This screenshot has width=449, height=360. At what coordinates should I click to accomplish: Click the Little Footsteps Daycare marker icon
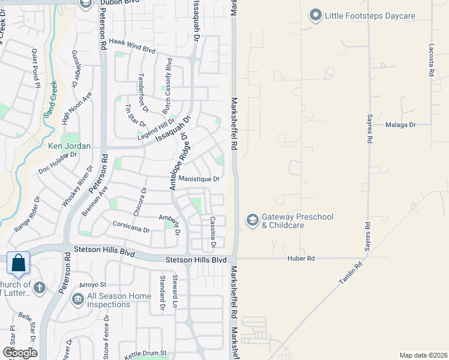click(316, 16)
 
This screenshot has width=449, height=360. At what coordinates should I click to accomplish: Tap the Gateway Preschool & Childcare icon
click(253, 221)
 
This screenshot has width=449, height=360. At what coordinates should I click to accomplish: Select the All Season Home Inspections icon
click(77, 298)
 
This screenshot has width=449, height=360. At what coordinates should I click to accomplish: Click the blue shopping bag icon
click(19, 263)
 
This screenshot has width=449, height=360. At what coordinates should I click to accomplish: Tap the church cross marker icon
click(39, 287)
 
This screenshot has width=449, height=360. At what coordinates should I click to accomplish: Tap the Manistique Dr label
click(199, 179)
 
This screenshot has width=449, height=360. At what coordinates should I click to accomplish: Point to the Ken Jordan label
click(69, 146)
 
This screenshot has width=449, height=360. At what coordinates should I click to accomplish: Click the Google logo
click(20, 353)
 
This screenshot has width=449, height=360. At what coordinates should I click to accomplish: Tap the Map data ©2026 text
click(423, 355)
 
